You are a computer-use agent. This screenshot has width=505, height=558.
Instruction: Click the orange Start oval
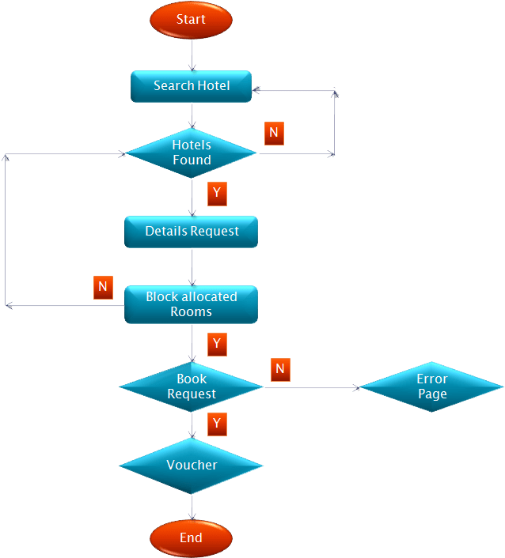(x=191, y=20)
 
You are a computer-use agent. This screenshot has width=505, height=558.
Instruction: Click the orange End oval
(x=191, y=538)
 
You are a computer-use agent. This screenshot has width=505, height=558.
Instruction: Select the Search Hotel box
(x=191, y=86)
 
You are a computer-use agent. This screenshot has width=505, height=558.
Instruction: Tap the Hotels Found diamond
(x=192, y=153)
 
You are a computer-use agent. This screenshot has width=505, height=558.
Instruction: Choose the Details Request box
(x=192, y=232)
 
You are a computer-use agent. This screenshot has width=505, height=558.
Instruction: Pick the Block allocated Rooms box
(x=192, y=304)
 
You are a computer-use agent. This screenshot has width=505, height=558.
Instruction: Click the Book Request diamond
(x=192, y=386)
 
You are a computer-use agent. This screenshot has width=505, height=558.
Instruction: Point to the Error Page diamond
(x=431, y=386)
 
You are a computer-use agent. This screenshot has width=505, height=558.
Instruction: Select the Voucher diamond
(x=192, y=465)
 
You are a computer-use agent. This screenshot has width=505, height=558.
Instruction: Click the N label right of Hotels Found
(x=274, y=133)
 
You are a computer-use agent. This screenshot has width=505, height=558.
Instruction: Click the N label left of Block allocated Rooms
(x=103, y=287)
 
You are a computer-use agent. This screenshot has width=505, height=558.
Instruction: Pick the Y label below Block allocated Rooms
(x=217, y=344)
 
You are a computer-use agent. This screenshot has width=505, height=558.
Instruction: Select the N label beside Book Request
(x=280, y=369)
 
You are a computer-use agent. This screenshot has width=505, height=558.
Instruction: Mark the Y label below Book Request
(x=217, y=424)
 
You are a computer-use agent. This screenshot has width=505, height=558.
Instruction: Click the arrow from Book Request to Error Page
(x=312, y=388)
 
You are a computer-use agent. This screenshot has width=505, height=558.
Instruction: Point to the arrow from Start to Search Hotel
(x=192, y=55)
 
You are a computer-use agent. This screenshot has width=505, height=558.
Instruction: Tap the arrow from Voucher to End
(x=192, y=507)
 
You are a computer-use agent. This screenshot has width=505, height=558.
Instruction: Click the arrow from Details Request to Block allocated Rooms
(x=192, y=266)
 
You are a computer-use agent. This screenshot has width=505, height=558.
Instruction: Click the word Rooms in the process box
(x=192, y=312)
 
